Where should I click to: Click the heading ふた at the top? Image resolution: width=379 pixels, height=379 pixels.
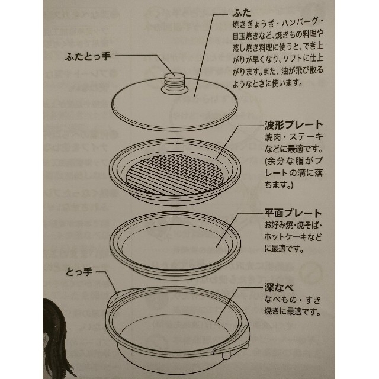click(242, 13)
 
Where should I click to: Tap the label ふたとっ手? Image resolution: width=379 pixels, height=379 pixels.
click(88, 57)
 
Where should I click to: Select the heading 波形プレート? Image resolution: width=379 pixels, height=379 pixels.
click(294, 125)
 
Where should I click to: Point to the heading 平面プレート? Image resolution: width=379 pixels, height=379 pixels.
click(293, 213)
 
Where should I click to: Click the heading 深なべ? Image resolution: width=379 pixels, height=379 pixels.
click(279, 288)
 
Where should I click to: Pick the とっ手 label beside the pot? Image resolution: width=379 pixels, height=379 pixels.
click(79, 272)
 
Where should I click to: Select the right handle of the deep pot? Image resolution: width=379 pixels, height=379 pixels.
click(234, 341)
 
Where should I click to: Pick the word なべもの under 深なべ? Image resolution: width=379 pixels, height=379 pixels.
click(280, 300)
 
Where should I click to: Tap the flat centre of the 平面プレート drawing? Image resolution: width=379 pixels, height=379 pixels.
click(175, 246)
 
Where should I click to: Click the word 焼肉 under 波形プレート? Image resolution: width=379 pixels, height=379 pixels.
click(272, 137)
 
